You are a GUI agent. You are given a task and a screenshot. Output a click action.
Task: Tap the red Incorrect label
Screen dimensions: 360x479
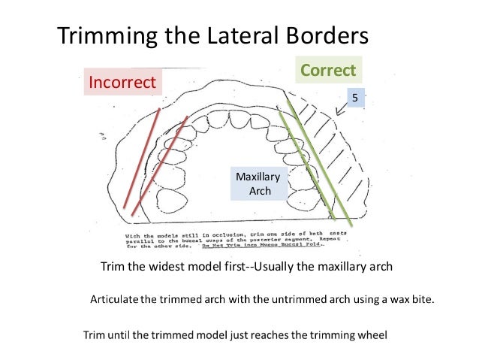pos(122,80)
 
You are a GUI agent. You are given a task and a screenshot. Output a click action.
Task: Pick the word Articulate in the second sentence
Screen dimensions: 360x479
pos(116,300)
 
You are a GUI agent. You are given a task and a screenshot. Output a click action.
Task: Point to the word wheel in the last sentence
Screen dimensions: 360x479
pos(372,335)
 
